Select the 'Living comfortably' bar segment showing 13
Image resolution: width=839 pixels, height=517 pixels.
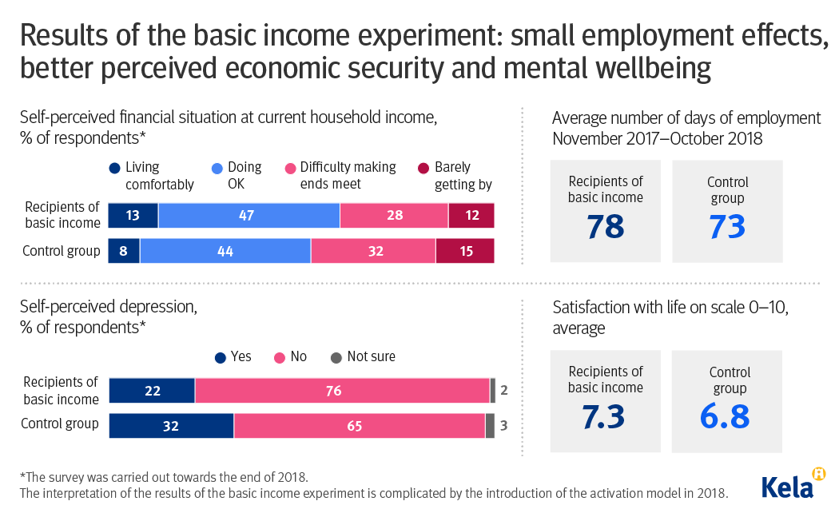(133, 216)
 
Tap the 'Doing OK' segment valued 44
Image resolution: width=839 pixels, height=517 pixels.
(225, 251)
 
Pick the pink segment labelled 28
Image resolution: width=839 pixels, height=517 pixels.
(393, 216)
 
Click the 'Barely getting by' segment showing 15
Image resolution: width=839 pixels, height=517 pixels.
(464, 251)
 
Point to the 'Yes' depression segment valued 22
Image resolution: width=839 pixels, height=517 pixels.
(152, 391)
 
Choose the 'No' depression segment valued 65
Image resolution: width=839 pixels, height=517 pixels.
(359, 426)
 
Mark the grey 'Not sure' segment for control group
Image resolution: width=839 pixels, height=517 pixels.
(490, 426)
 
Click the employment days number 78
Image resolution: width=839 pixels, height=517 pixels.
(605, 227)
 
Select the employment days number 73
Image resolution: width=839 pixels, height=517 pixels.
(727, 227)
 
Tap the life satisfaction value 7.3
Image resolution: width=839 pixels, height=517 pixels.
(605, 417)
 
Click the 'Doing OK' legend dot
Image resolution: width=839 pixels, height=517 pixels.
(216, 168)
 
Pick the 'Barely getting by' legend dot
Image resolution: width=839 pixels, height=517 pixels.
(423, 168)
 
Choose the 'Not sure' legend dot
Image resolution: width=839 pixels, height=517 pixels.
(336, 357)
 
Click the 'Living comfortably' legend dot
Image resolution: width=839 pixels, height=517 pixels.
(114, 168)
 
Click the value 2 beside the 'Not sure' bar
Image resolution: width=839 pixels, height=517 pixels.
(503, 391)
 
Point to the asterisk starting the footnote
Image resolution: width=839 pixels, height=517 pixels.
(22, 477)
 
